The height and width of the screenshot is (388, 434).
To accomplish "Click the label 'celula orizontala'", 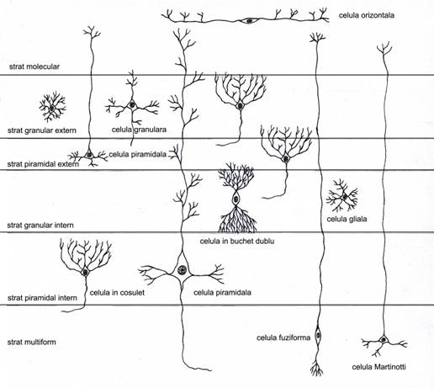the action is [x=367, y=15].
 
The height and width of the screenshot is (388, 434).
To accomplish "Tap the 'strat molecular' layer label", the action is [x=34, y=66].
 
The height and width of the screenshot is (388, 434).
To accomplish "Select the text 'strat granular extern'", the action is [x=42, y=130].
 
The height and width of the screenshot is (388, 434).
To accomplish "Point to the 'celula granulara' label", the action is [x=139, y=130].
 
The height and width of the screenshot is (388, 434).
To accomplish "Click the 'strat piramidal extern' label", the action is [x=43, y=164].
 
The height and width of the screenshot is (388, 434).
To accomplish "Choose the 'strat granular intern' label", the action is [x=40, y=226].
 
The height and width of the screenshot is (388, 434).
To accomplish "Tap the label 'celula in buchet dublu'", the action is [x=237, y=241].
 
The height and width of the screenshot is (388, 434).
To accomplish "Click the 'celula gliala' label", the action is [x=347, y=219].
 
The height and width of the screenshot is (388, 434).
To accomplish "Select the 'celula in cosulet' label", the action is [x=117, y=293].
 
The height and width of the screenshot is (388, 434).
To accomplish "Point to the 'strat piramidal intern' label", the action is [x=42, y=298].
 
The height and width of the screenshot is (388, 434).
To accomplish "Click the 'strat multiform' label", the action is [x=31, y=342].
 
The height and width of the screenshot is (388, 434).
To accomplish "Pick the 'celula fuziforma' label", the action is [x=283, y=338].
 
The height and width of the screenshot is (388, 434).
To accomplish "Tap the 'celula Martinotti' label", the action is [x=378, y=367].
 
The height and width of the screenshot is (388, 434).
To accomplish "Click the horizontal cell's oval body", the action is [x=249, y=20].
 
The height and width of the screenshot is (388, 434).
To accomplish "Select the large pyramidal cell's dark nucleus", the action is [x=182, y=270].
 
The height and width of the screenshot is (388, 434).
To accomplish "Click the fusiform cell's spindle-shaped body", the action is [x=318, y=335].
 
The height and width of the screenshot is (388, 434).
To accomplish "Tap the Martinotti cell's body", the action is [x=384, y=340].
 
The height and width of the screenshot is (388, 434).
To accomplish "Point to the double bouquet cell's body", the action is [x=236, y=199].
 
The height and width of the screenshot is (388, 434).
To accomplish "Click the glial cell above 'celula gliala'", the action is [x=342, y=195].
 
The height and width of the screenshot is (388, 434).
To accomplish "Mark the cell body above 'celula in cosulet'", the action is [x=85, y=272].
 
